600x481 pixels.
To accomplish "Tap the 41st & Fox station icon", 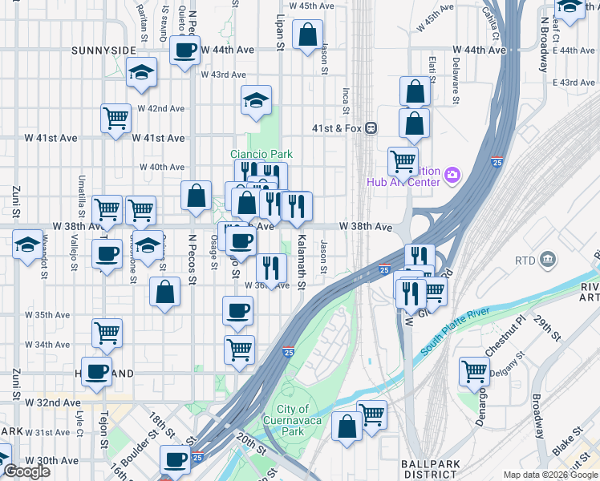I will [371, 128].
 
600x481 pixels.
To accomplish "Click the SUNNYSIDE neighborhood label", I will [103, 51].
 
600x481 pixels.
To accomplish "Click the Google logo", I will [26, 471].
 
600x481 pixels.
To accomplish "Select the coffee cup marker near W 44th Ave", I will [184, 51].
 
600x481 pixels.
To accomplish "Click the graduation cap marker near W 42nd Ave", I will [256, 100].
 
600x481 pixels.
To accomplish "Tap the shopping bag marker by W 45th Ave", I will [307, 34].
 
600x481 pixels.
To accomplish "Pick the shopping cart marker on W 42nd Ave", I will [116, 118].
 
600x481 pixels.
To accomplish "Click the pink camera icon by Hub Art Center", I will [452, 174].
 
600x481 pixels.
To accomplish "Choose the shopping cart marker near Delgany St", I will [474, 371].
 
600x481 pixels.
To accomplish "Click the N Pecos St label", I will [193, 260].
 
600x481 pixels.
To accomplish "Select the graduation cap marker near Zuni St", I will [27, 243].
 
